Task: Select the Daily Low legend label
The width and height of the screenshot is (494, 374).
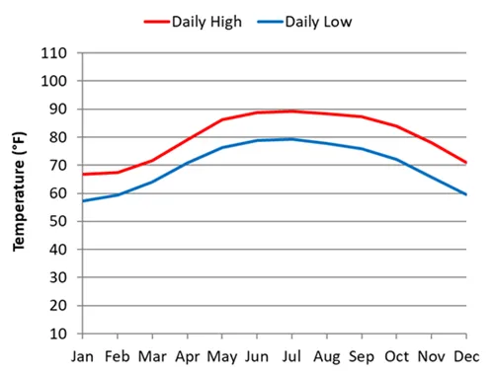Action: tap(318, 20)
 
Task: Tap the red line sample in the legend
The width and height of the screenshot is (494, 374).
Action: tap(156, 20)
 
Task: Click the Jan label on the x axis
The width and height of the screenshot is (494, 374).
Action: tap(83, 355)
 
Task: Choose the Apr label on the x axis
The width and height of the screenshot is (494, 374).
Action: tap(188, 355)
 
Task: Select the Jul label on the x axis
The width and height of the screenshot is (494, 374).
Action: tap(292, 355)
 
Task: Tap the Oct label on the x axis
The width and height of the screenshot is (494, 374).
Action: tap(397, 355)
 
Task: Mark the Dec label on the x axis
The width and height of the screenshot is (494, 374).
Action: tap(467, 355)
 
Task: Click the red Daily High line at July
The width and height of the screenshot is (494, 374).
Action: tap(292, 111)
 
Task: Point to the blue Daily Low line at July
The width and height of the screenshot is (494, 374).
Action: tap(292, 139)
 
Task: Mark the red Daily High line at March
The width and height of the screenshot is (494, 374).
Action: tap(153, 160)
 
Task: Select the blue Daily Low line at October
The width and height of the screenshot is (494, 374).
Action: tap(397, 159)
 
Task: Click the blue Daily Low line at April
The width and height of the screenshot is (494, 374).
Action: tap(188, 163)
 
